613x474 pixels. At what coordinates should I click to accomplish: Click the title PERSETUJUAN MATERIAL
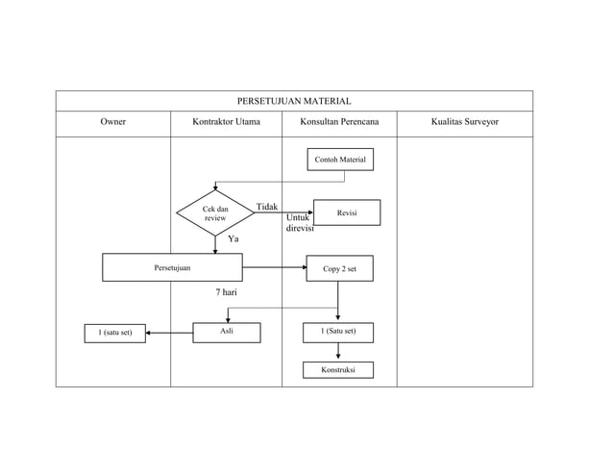click(x=294, y=101)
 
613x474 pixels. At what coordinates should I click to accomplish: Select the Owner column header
click(x=113, y=122)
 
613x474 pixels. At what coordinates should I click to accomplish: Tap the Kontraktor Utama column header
click(x=226, y=122)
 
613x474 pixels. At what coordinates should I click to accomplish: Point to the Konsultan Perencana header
click(x=339, y=122)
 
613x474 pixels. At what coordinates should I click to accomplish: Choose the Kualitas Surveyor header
click(x=465, y=122)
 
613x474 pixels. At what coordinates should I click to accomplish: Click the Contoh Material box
click(x=340, y=160)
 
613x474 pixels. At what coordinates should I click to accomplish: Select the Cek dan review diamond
click(x=215, y=213)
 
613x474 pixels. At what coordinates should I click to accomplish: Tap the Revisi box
click(x=347, y=212)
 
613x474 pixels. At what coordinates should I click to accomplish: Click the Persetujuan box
click(x=172, y=267)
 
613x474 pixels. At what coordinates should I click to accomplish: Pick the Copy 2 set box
click(x=340, y=268)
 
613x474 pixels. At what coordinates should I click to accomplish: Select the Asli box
click(x=227, y=333)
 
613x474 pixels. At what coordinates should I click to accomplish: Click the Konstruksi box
click(x=338, y=370)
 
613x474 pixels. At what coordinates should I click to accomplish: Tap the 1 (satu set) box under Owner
click(x=115, y=334)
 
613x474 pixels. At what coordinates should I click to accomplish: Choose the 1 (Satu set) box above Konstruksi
click(x=338, y=333)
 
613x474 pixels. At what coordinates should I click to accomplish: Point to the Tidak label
click(x=267, y=207)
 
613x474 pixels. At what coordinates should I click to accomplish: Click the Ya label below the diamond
click(x=233, y=238)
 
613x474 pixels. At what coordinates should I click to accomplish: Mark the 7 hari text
click(x=227, y=292)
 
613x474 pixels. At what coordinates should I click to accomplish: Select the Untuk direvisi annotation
click(x=300, y=222)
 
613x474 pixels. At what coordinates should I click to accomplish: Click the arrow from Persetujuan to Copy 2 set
click(x=275, y=267)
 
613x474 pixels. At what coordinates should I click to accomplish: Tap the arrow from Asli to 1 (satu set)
click(x=169, y=334)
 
